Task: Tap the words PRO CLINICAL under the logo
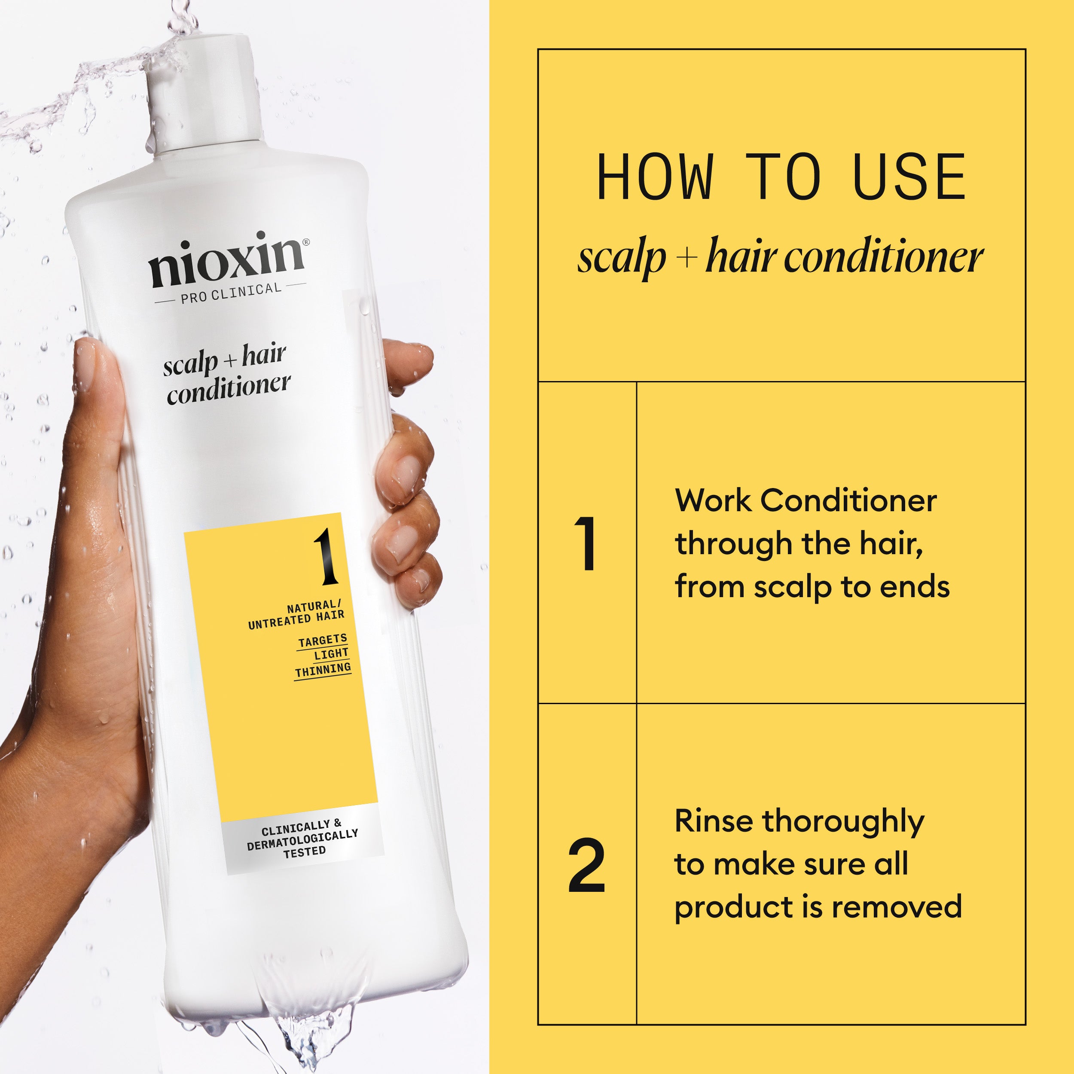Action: [x=231, y=293]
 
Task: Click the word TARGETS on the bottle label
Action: [x=323, y=641]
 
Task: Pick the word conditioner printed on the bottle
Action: [x=228, y=389]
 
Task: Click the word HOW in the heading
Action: [x=654, y=177]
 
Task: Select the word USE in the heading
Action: [x=909, y=177]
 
